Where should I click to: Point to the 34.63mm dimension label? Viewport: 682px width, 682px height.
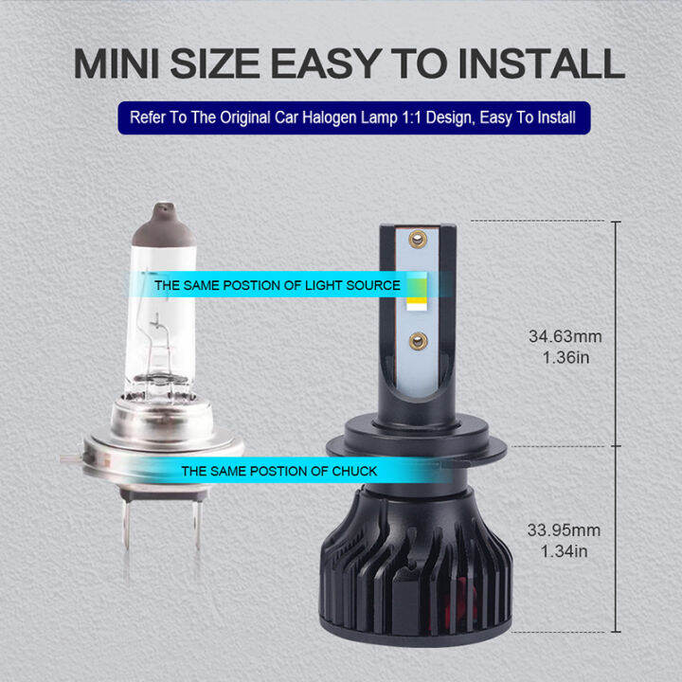(564, 336)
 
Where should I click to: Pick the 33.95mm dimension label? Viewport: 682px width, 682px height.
(564, 530)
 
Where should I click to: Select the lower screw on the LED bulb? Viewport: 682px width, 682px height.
(416, 338)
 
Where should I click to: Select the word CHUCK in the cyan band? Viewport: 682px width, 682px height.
(354, 471)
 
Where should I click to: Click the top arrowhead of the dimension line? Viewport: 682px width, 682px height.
(617, 224)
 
